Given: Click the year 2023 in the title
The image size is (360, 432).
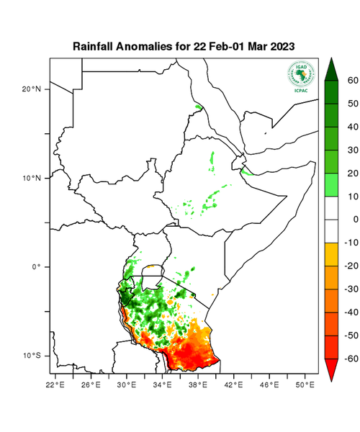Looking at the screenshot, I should click(x=280, y=46).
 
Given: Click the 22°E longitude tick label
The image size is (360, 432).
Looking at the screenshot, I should click(x=57, y=384).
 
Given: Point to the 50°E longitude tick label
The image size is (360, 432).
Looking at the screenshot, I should click(x=306, y=384).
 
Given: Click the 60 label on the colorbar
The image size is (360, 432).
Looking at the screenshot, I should click(x=353, y=81).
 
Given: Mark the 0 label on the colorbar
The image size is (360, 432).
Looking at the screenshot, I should click(x=353, y=219).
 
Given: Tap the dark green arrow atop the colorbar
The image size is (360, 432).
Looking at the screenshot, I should click(x=333, y=69).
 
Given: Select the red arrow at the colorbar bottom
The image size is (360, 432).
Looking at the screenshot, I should click(x=333, y=369).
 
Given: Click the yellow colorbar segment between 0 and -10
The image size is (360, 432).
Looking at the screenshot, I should click(x=333, y=230).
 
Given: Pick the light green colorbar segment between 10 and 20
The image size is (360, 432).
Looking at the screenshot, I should click(x=333, y=184).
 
